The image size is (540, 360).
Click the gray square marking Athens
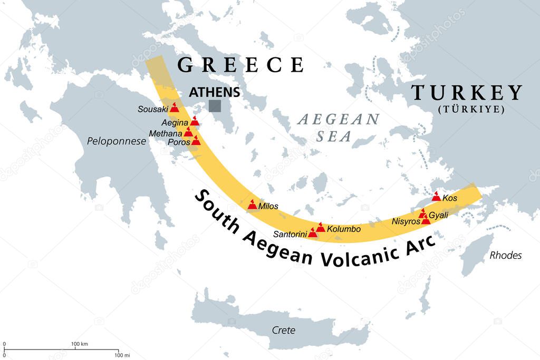point(215,106)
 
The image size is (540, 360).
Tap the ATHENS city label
point(215,92)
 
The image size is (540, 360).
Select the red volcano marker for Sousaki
point(174,108)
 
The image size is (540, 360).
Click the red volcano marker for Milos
point(253,205)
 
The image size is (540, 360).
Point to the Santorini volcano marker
point(313,232)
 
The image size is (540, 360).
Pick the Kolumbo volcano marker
point(320,227)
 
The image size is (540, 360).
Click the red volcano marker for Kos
point(436,197)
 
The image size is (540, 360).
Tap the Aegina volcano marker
point(195,121)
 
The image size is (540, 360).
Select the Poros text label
point(179,142)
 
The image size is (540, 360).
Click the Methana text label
point(166,133)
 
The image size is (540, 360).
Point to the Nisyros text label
point(406,222)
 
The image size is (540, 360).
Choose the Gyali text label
point(438,216)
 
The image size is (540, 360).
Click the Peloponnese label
point(117,141)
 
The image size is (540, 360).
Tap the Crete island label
point(283,330)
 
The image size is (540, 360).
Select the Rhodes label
point(505,255)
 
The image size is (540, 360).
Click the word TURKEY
point(466,93)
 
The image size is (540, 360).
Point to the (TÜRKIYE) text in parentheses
point(471,110)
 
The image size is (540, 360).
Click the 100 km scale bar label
point(79,344)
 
